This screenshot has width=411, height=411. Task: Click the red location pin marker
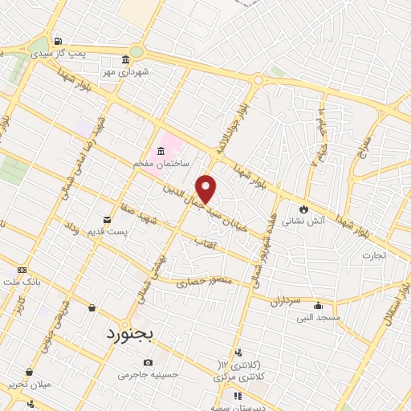(x=207, y=189)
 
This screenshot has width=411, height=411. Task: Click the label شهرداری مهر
(x=125, y=73)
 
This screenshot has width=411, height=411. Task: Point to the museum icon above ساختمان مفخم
(x=161, y=151)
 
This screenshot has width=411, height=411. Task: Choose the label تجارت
(x=372, y=256)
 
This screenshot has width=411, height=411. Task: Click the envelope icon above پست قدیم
(x=107, y=219)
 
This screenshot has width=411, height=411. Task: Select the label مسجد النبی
(x=318, y=318)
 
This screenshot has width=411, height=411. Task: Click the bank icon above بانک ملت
(x=22, y=270)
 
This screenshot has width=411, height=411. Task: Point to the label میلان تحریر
(x=29, y=385)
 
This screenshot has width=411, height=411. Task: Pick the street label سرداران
(x=284, y=301)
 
